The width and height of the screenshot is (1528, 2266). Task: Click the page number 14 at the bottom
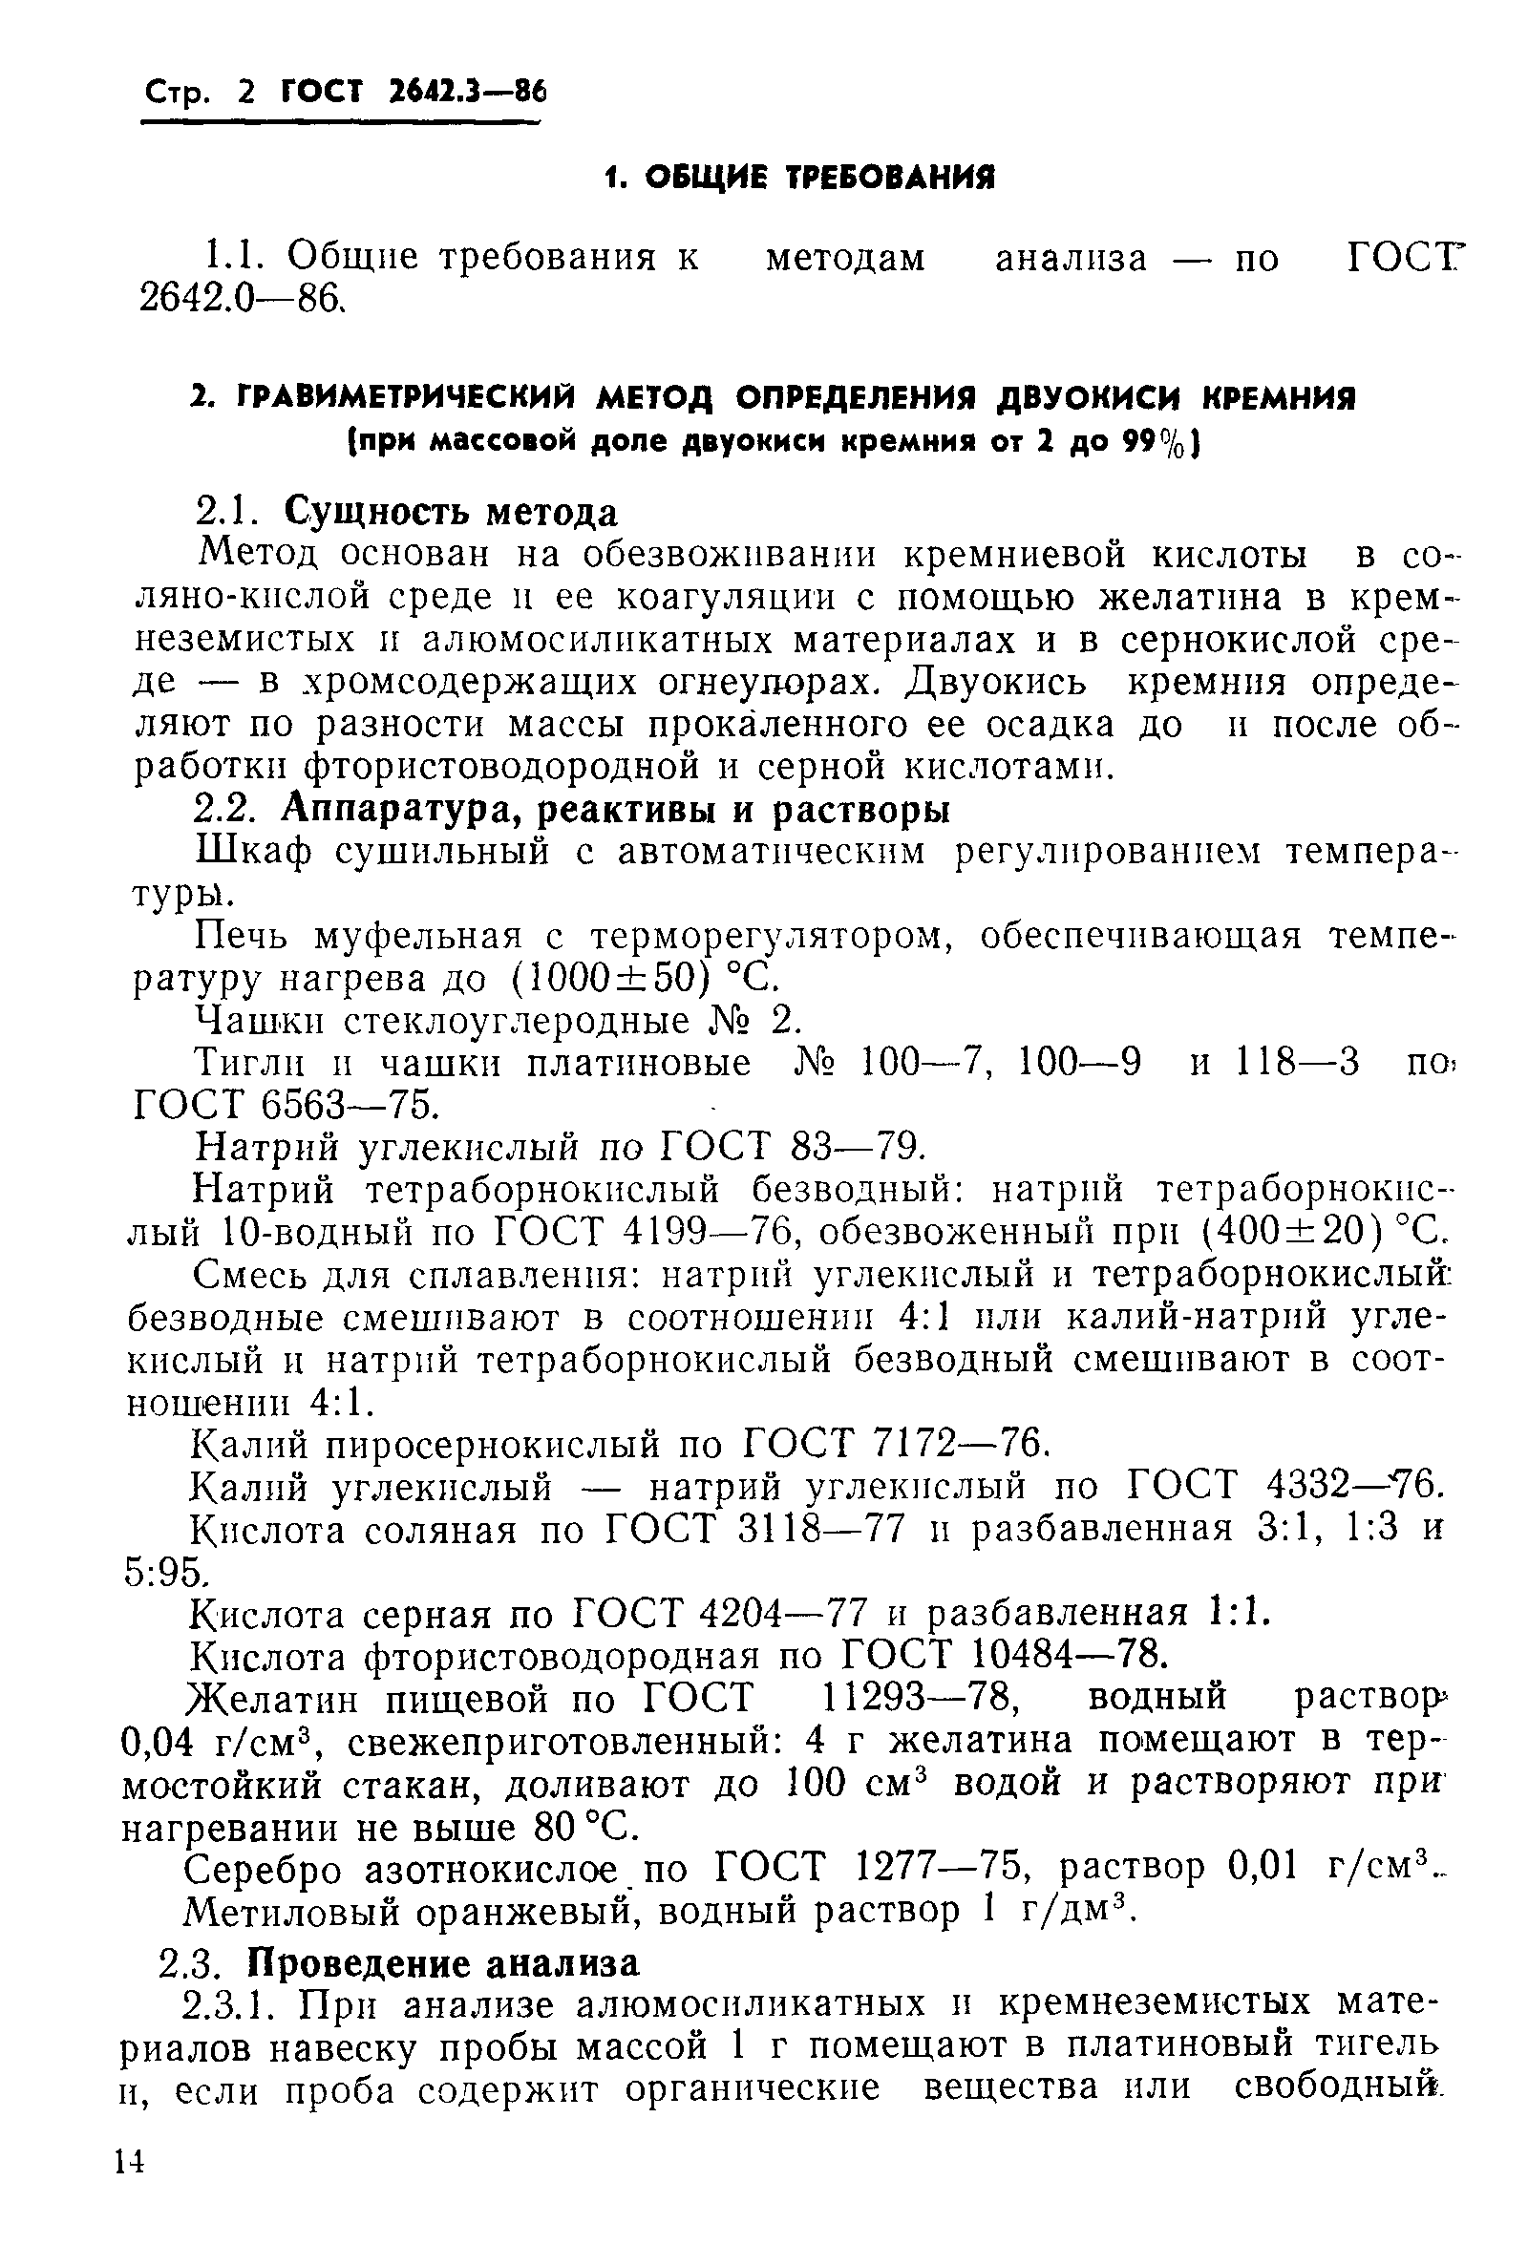(x=130, y=2210)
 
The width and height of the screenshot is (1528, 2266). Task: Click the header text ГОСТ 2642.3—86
(x=414, y=93)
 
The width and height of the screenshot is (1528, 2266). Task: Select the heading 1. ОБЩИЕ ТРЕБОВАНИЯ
(x=798, y=178)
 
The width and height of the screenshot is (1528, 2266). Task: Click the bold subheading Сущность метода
(x=451, y=512)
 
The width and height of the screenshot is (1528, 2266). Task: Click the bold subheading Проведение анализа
(x=443, y=1963)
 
